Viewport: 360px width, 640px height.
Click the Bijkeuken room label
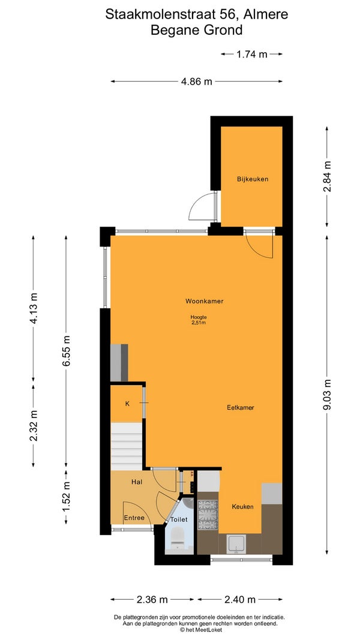point(253,179)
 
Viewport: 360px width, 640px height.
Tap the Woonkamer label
point(204,301)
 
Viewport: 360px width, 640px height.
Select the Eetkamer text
point(241,407)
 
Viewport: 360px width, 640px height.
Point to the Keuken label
point(242,506)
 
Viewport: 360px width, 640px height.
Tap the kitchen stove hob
point(208,513)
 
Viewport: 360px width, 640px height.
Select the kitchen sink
point(236,545)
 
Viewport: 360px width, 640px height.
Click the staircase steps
point(127,446)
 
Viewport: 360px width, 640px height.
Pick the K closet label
point(127,404)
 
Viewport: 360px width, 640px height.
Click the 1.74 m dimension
point(252,53)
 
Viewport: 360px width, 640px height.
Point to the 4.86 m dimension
point(197,81)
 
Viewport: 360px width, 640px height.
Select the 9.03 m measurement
point(326,395)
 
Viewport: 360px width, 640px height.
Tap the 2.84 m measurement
point(326,177)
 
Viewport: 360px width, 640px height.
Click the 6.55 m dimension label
point(67,351)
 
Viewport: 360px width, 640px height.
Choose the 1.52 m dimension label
point(67,497)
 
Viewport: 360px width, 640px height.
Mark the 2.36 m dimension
point(152,599)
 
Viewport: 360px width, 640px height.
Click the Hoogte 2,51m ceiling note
point(199,320)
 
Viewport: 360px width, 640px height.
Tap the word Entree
point(134,518)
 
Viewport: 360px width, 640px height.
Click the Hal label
point(137,482)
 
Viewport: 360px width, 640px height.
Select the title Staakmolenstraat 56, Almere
point(197,14)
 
